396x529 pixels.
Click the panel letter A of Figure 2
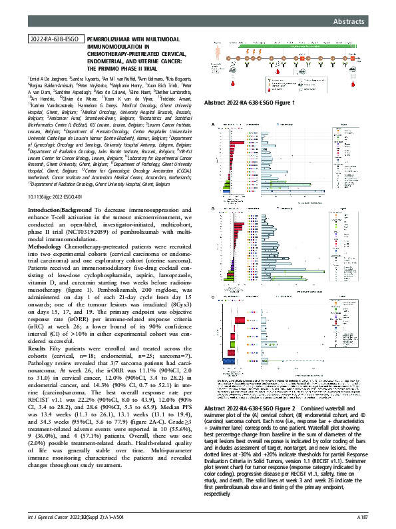[213, 125]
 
